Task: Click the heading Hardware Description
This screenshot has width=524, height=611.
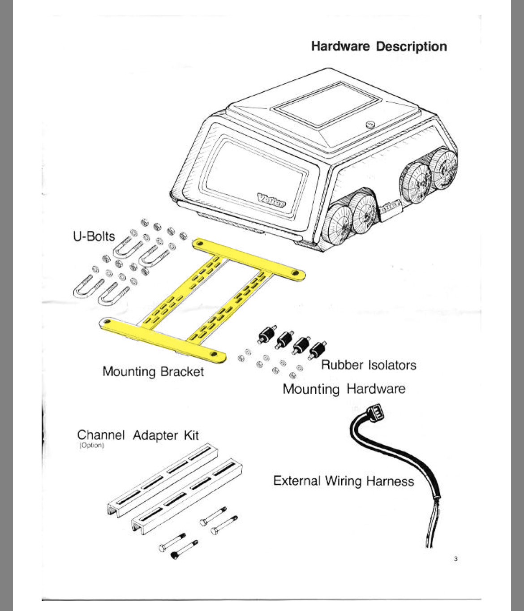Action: click(379, 47)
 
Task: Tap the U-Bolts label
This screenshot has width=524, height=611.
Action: click(94, 236)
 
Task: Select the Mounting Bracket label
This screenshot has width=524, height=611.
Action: click(153, 372)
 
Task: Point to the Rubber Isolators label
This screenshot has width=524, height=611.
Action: click(369, 365)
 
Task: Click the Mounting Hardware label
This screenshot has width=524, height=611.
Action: click(344, 389)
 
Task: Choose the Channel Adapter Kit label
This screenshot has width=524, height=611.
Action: click(138, 435)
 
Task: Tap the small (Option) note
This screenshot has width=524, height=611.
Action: click(91, 446)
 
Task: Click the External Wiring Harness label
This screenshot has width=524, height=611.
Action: click(344, 481)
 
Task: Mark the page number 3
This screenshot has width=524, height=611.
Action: click(455, 559)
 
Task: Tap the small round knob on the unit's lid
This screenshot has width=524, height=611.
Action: click(370, 125)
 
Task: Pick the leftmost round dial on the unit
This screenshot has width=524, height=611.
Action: click(339, 222)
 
